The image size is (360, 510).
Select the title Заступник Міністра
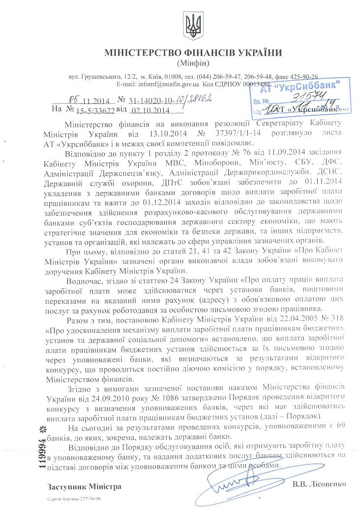click(x=84, y=487)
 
